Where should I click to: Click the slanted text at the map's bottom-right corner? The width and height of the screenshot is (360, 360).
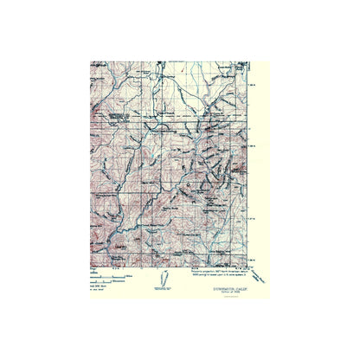click(x=260, y=277)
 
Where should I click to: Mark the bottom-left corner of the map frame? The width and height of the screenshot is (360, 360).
click(x=90, y=267)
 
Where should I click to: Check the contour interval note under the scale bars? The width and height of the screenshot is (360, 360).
click(x=97, y=286)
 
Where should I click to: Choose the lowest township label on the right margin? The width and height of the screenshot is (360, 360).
click(x=252, y=258)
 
